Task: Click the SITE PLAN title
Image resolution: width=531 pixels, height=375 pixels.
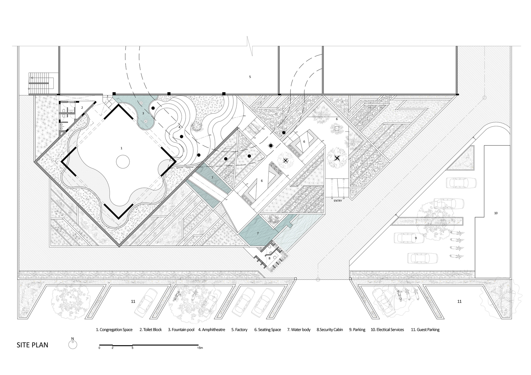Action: tap(32, 345)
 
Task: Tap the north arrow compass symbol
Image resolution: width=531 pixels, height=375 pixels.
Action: tap(72, 345)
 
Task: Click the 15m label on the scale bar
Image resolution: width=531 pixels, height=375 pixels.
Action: tap(200, 348)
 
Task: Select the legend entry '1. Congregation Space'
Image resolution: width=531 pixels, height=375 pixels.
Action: tap(114, 330)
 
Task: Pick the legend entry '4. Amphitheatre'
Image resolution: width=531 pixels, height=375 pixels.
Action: tap(212, 330)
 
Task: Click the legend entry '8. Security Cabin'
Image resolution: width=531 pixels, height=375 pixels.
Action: tap(329, 330)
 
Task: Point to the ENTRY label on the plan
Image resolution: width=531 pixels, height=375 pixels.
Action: tap(338, 201)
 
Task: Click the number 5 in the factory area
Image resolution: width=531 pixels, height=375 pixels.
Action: tap(250, 77)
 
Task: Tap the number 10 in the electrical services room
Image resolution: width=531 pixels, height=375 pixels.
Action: tap(496, 213)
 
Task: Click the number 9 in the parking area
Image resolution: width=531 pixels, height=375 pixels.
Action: tap(416, 238)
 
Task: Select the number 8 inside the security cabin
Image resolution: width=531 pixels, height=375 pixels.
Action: tap(269, 258)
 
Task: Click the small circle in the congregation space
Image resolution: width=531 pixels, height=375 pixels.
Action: tap(123, 162)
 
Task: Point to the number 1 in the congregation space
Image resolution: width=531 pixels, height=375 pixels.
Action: tap(122, 148)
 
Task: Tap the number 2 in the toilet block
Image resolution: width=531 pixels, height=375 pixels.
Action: tap(82, 108)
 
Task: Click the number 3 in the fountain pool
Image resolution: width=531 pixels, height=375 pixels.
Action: tap(143, 113)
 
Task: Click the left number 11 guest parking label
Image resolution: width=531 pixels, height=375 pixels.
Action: tap(133, 302)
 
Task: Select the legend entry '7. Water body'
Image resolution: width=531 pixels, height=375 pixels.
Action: tap(299, 330)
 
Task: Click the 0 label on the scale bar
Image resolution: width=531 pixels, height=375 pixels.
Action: tap(99, 348)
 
